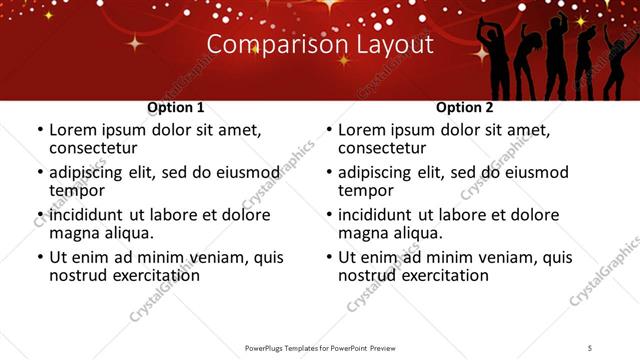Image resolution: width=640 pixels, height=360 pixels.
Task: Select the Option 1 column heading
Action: point(176,108)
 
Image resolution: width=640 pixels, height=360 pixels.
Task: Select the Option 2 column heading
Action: point(465,108)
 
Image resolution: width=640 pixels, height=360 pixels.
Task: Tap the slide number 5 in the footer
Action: point(590,347)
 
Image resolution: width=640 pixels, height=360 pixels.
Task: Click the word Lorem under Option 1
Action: point(72,130)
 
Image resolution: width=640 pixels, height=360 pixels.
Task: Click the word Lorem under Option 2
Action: point(361,130)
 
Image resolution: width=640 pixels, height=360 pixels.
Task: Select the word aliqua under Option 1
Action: point(128,233)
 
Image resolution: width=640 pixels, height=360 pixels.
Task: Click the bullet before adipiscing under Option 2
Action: point(329,173)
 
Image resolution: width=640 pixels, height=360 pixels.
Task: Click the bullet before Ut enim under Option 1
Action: point(40,258)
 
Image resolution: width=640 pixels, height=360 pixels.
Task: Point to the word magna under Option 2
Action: point(364,233)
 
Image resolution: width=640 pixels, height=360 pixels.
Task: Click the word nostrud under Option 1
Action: point(76,275)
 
